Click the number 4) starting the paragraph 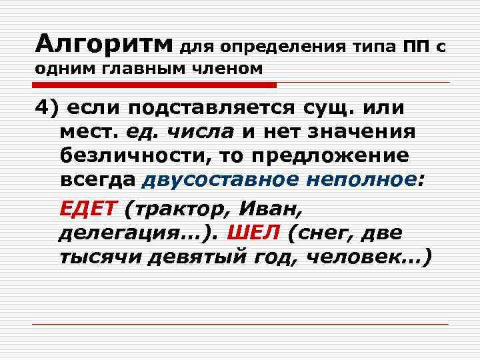[48, 108]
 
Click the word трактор [174, 209]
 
